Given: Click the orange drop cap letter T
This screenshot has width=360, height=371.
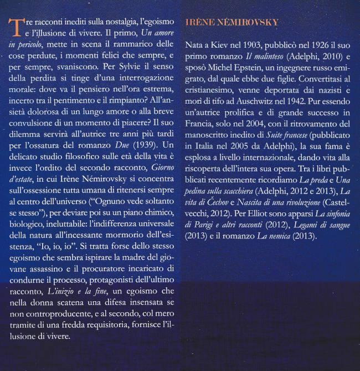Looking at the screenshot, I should (16, 26).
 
